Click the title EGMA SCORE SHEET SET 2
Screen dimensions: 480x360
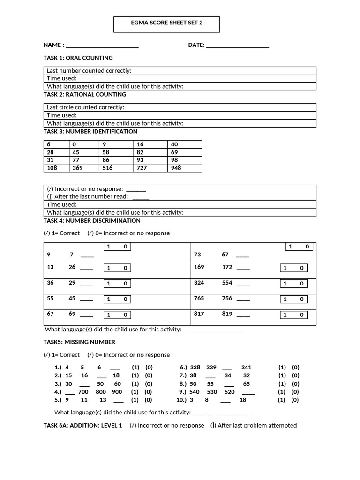coord(166,23)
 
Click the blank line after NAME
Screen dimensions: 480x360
coord(102,46)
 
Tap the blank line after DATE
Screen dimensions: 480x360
coord(237,46)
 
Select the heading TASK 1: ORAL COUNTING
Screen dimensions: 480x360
coord(78,58)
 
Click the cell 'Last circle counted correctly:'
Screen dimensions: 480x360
coord(86,107)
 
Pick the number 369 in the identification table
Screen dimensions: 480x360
coord(78,168)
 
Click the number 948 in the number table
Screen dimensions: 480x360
coord(176,168)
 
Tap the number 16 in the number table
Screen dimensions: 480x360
coord(140,144)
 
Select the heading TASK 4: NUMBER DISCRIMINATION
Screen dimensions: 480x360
coord(92,220)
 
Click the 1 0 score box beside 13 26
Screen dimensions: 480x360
coord(117,268)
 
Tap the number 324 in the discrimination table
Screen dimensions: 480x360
coord(199,283)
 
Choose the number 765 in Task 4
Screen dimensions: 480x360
coord(199,298)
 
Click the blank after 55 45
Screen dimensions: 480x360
coord(87,300)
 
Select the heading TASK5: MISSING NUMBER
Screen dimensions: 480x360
coord(79,342)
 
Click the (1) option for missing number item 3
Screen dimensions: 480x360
coord(135,384)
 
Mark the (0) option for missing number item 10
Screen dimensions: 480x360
coord(295,400)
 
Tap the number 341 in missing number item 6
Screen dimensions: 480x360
coord(247,368)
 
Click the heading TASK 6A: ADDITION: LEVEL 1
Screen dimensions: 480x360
coord(83,425)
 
